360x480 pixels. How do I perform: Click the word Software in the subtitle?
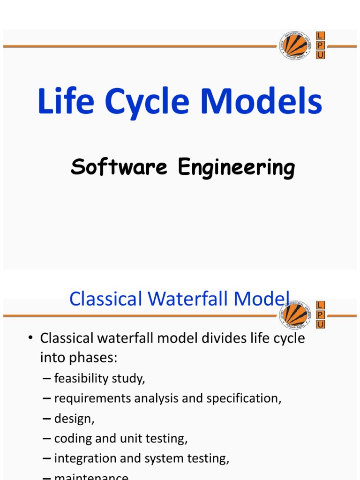(119, 167)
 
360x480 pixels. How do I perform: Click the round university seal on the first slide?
(294, 46)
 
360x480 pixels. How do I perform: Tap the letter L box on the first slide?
(321, 36)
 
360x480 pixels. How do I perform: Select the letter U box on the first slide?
(321, 55)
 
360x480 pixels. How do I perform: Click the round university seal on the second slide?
(294, 315)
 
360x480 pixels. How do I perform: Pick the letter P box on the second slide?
(321, 315)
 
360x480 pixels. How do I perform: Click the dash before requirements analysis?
(46, 398)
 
